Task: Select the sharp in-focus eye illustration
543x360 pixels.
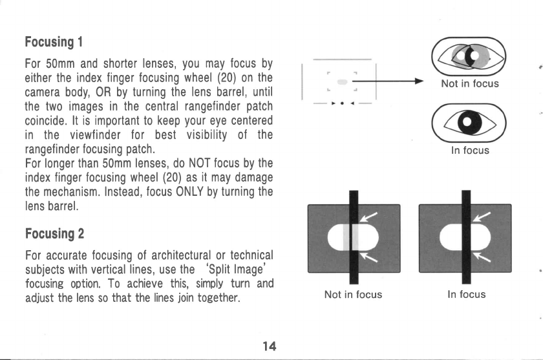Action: pyautogui.click(x=470, y=123)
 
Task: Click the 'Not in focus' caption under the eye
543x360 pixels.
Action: pyautogui.click(x=470, y=83)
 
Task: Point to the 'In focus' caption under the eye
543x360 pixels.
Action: pyautogui.click(x=470, y=151)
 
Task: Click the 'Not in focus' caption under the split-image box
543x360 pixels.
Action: pyautogui.click(x=353, y=294)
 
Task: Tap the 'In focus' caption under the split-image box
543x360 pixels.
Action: pyautogui.click(x=465, y=294)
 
